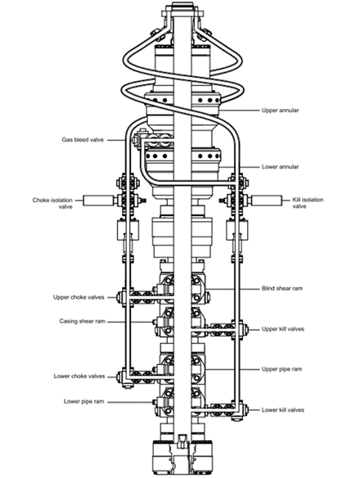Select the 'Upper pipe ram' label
285,369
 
